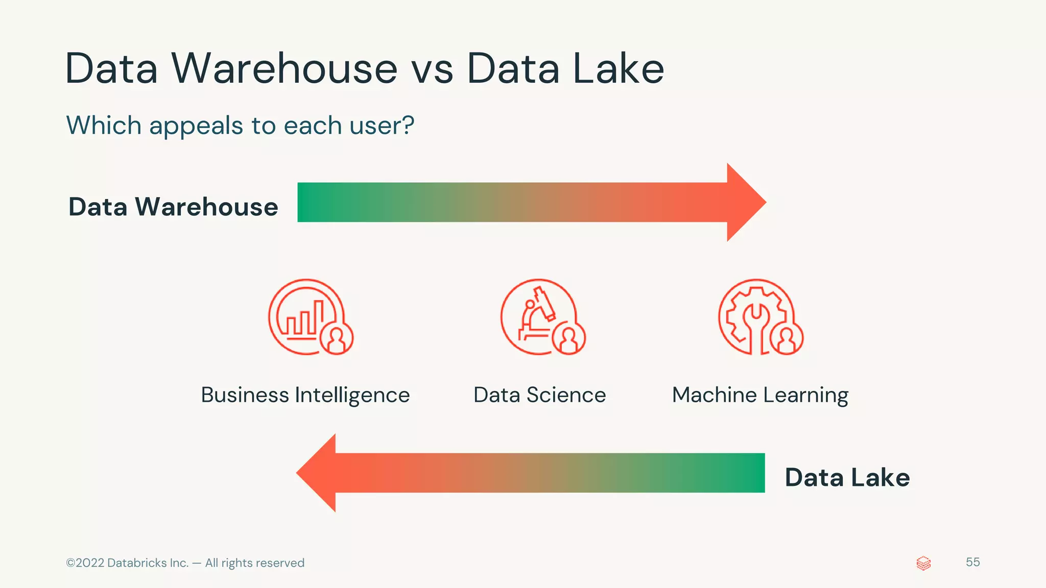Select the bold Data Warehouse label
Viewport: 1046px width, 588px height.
pos(173,207)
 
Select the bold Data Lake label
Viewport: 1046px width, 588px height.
pos(847,478)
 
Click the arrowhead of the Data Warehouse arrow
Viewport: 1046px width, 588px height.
pos(746,202)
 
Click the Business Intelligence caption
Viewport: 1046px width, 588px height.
pos(305,395)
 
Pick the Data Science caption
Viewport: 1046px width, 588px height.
pos(539,395)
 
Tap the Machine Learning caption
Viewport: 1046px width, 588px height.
pos(760,395)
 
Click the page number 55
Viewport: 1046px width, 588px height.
pos(972,562)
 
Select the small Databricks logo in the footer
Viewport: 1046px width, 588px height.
pos(923,563)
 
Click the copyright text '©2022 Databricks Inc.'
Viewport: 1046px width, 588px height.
pos(127,563)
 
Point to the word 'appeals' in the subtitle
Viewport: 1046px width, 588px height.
pos(196,126)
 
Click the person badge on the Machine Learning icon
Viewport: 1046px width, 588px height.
pos(787,338)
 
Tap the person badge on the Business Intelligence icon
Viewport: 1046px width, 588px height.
pos(337,338)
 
